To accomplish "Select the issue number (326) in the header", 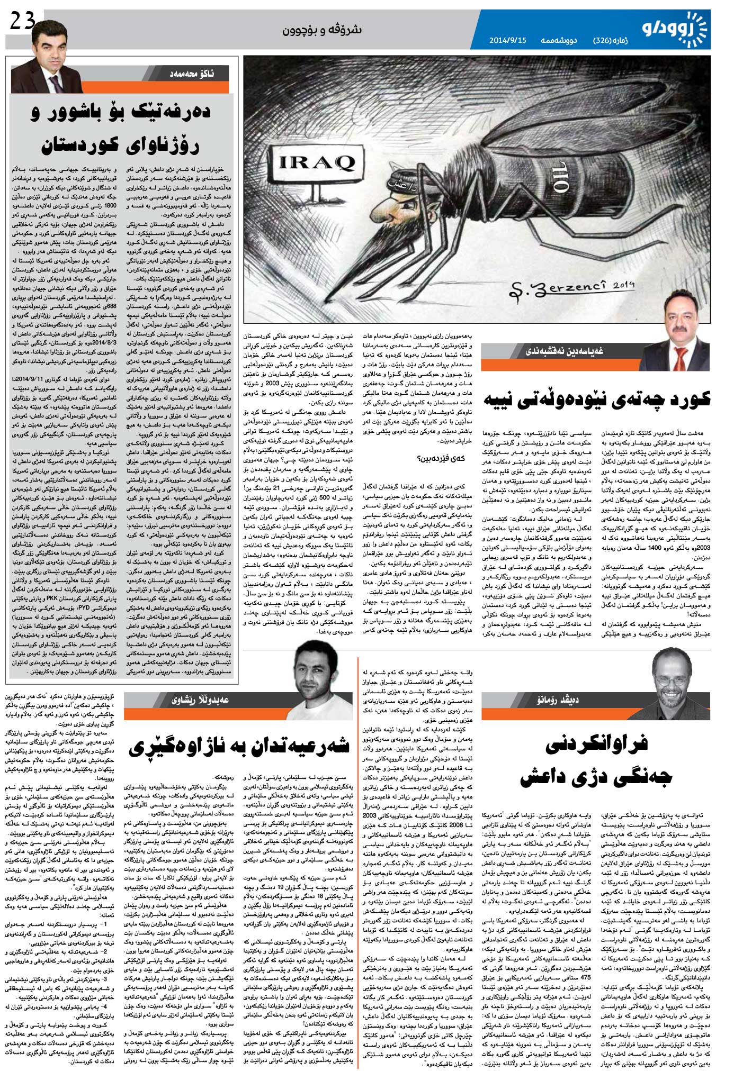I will point(602,40).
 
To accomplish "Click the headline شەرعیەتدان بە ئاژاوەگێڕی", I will point(238,746).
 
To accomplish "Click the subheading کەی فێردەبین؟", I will point(444,458).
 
